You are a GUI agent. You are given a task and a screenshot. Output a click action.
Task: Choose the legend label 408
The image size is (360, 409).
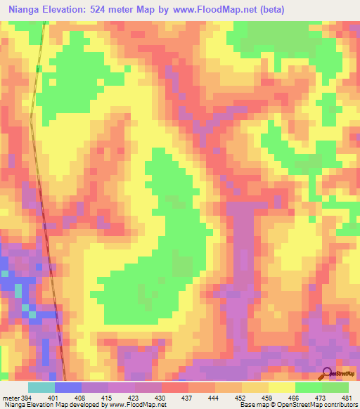tap(81, 397)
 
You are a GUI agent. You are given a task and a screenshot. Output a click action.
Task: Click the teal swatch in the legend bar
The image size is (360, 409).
tap(41, 387)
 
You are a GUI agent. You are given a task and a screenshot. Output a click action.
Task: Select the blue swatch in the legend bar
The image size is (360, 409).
tap(67, 387)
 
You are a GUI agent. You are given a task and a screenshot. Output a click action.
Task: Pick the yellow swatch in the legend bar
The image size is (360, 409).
tap(281, 387)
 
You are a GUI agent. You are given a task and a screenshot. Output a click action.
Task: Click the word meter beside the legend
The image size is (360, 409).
tap(10, 397)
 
